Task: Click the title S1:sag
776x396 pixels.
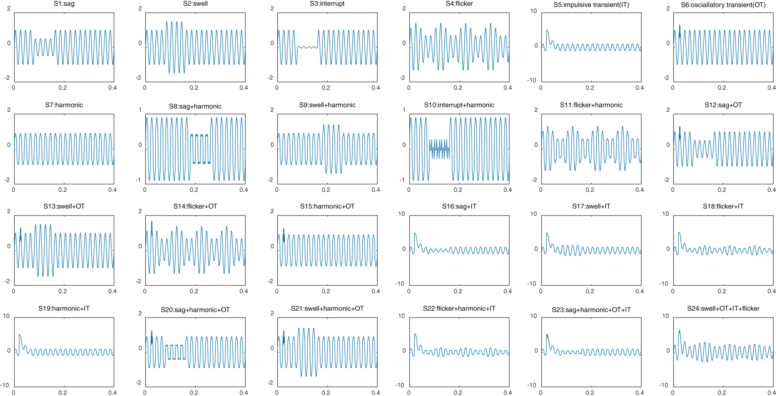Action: [64, 4]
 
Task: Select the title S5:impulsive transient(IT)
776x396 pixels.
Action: [591, 5]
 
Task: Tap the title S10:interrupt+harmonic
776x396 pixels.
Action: [459, 105]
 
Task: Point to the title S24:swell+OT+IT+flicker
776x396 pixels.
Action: [723, 309]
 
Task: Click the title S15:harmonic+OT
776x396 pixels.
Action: [327, 207]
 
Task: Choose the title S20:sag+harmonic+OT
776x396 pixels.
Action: [195, 310]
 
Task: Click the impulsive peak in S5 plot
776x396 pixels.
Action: [547, 31]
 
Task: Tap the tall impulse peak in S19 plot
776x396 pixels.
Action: [20, 335]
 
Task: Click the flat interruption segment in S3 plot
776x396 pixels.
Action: [307, 47]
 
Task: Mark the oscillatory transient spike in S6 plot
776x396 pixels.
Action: [680, 27]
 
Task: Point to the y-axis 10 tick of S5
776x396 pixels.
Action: [533, 11]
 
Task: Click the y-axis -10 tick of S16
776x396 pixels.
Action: [400, 284]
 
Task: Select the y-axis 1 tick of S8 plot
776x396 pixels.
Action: [140, 110]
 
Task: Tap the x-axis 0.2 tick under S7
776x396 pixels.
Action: [62, 190]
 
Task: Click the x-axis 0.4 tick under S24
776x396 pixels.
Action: [771, 393]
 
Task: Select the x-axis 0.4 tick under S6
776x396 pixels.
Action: [771, 88]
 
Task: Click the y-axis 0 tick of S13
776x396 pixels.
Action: [9, 246]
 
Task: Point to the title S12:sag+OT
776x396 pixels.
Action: [723, 105]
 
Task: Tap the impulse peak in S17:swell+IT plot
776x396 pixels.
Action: [547, 234]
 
